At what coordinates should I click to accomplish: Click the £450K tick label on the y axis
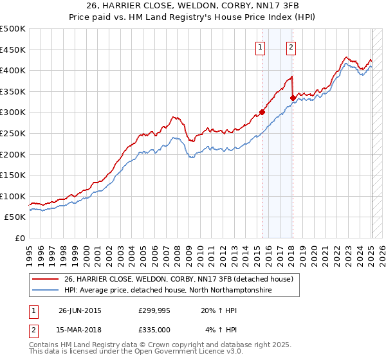(13, 50)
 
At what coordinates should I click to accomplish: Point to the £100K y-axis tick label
(13, 196)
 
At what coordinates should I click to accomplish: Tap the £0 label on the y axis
(20, 239)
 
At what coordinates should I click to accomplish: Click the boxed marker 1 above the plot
(260, 46)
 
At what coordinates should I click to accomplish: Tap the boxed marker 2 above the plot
(291, 46)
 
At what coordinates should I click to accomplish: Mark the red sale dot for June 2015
(262, 112)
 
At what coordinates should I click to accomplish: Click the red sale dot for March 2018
(293, 98)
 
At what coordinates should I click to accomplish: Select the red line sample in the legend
(46, 279)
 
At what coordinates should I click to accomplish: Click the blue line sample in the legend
(46, 290)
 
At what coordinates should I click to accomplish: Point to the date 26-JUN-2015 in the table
(80, 310)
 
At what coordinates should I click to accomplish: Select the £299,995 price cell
(154, 310)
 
